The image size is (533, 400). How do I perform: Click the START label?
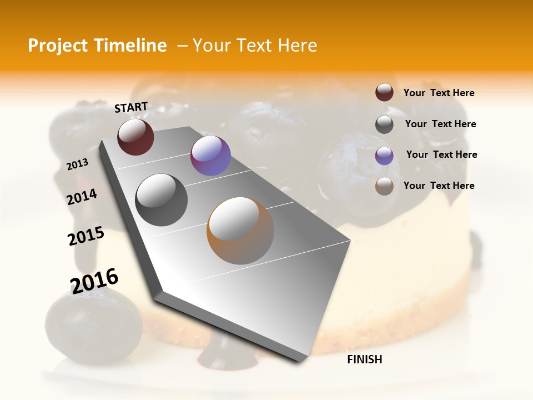131,107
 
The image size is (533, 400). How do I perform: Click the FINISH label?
364,359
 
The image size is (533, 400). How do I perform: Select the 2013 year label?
78,164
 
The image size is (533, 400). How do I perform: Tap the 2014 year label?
82,197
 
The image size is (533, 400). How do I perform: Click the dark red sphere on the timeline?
135,137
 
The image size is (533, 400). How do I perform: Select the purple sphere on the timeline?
210,156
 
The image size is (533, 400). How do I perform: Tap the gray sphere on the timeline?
161,199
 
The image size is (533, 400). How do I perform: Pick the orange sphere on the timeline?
240,230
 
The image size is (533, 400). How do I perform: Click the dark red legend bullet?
384,93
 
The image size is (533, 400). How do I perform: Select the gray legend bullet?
384,124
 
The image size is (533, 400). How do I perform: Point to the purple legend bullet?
384,155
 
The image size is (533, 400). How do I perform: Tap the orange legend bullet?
384,186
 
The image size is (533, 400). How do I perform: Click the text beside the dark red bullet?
439,93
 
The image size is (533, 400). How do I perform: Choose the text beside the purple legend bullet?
441,154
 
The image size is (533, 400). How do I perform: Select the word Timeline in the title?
132,46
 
